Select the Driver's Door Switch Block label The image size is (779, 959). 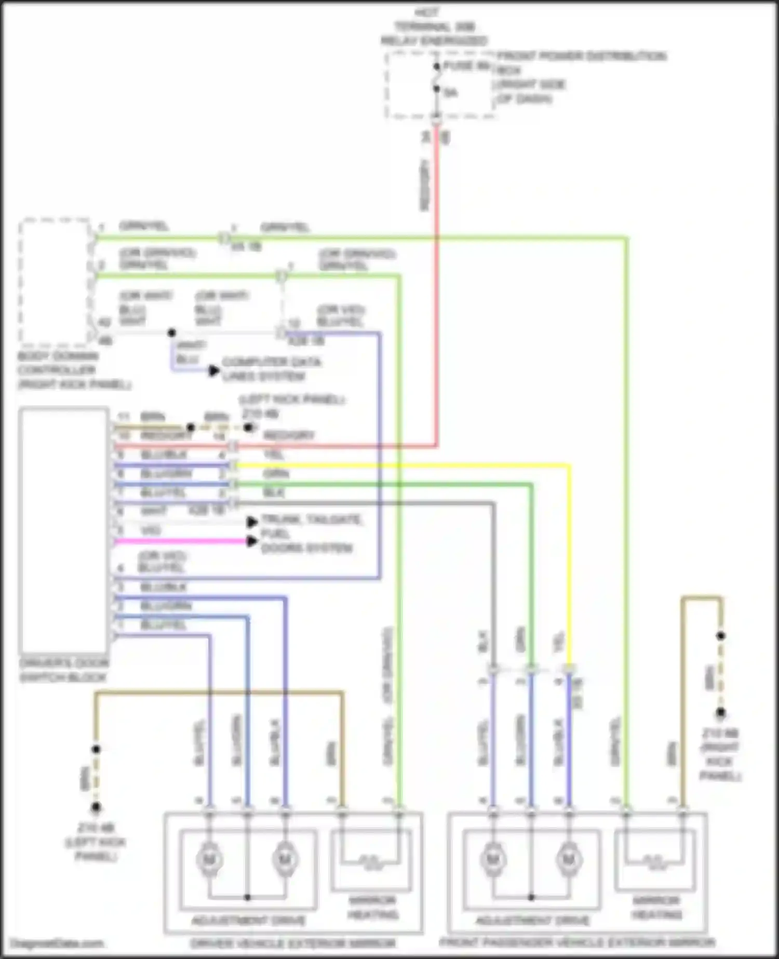pos(63,670)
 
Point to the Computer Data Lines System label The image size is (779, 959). pos(271,369)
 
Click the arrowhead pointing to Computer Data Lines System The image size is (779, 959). pos(213,371)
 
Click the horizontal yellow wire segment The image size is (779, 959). pos(400,465)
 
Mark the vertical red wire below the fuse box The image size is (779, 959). pos(437,286)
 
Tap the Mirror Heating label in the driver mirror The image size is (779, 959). pos(373,907)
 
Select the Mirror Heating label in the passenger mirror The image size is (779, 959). pos(656,907)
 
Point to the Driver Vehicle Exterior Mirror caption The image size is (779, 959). pos(293,943)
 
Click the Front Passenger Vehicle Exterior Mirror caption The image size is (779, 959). pos(577,942)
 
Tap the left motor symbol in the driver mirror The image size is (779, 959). pos(209,860)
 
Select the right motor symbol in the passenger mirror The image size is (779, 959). pos(569,860)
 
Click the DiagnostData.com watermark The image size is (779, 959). pos(57,943)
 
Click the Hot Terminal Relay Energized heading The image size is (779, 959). pos(434,26)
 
